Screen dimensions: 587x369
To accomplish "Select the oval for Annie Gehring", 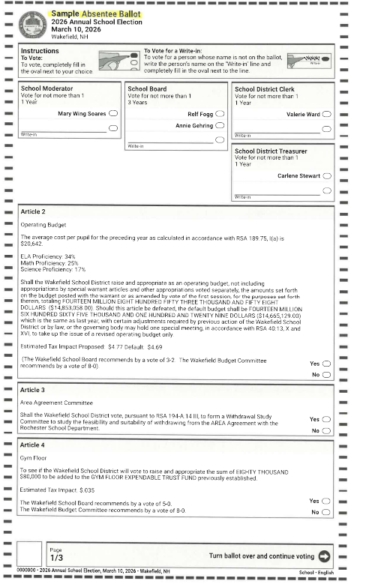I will [220, 126].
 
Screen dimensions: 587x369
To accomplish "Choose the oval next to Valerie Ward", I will [326, 114].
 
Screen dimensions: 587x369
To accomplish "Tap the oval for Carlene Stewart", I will [326, 176].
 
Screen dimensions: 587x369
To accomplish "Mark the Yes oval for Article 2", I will [326, 364].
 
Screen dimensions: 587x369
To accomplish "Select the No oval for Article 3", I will [326, 431].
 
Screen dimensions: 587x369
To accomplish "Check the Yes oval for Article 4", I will [326, 501].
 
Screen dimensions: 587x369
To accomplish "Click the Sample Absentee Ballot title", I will [96, 13].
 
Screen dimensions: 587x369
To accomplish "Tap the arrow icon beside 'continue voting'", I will [324, 556].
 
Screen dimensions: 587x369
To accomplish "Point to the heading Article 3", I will [33, 391].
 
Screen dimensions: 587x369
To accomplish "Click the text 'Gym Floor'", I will [34, 456].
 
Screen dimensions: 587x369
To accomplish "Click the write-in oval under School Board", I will [220, 139].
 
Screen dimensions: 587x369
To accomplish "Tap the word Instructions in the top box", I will [40, 51].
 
